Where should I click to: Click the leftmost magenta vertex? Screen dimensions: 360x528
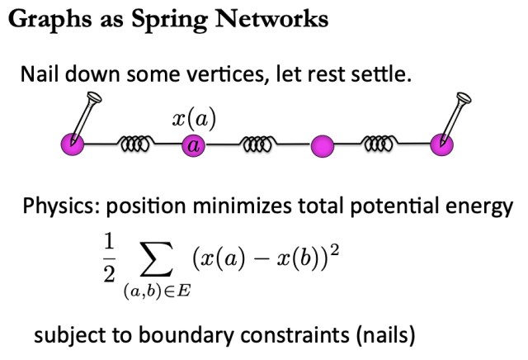click(x=73, y=145)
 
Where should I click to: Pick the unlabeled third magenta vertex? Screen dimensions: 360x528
click(x=323, y=147)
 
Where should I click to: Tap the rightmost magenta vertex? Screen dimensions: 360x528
click(x=443, y=145)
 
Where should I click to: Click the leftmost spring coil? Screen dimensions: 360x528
click(x=133, y=146)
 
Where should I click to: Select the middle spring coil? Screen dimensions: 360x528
click(x=257, y=146)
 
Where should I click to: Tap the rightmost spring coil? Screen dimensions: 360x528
click(x=382, y=146)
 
